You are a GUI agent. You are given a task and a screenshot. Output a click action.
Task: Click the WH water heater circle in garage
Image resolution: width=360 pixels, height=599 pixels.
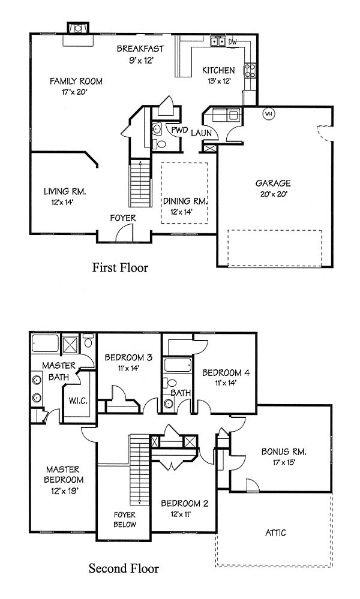point(269,114)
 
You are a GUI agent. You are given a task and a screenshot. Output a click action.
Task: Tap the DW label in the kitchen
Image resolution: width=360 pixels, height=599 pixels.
point(232,42)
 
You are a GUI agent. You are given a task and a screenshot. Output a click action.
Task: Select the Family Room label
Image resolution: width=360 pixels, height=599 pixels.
point(76,81)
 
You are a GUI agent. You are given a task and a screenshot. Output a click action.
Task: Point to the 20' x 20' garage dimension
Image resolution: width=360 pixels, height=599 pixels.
point(273,194)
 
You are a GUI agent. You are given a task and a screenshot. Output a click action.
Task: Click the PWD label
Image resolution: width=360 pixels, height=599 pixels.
point(179,130)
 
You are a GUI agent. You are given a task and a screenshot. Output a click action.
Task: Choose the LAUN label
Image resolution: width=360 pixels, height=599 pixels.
point(201,133)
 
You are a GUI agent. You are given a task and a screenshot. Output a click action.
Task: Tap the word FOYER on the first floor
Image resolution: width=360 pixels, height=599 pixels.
point(122,218)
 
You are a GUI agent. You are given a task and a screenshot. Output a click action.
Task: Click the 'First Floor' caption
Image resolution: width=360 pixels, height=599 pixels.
point(120,267)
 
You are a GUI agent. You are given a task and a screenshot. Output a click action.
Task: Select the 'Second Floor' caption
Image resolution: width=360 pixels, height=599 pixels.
point(124,568)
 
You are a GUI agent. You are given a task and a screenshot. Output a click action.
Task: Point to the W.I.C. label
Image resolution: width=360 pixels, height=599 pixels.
point(78,401)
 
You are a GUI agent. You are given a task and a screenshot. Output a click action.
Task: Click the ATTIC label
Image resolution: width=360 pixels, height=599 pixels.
point(275,532)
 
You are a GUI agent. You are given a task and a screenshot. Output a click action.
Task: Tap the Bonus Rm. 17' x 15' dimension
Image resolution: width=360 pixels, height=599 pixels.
point(284,462)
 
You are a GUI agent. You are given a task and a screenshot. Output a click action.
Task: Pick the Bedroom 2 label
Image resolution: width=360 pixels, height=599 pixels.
point(185,504)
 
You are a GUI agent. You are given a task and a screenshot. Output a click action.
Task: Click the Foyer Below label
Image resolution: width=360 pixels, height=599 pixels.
point(125,519)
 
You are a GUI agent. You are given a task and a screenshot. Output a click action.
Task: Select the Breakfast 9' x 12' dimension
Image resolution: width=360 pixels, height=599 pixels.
point(140,60)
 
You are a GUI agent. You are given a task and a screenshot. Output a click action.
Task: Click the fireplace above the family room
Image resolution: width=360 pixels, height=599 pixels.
point(78,28)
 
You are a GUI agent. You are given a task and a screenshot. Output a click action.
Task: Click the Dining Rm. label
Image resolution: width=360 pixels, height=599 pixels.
point(185,201)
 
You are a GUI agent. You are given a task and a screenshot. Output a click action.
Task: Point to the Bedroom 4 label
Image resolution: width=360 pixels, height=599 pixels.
point(226,372)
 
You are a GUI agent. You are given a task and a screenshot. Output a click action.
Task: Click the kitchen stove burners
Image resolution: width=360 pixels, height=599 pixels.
point(250,70)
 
